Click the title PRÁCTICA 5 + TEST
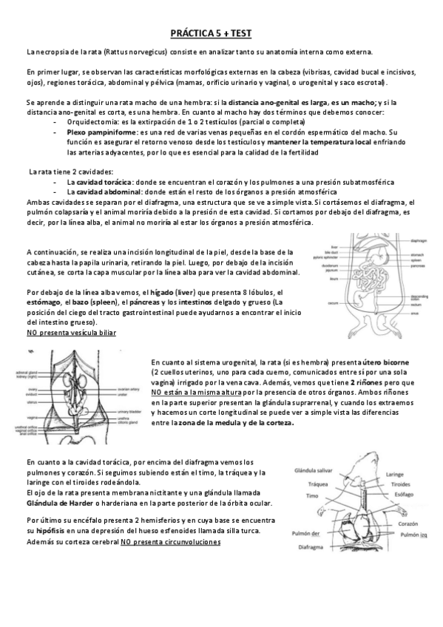[221, 33]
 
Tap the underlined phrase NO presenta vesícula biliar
[70, 333]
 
